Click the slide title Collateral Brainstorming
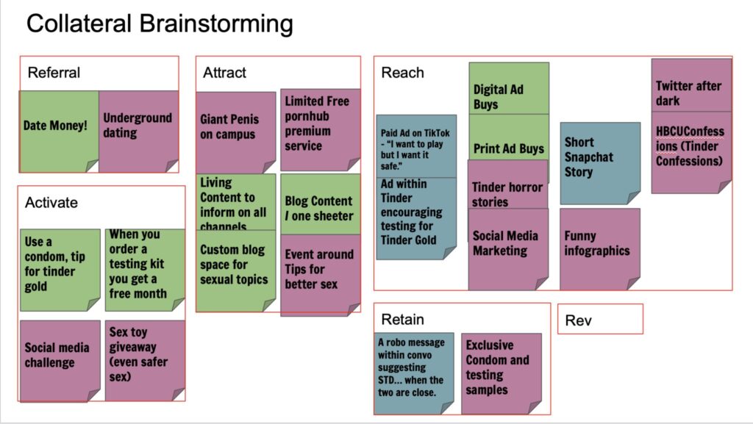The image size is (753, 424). click(x=160, y=24)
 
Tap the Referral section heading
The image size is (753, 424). click(x=54, y=73)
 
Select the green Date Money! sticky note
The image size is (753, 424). click(x=57, y=126)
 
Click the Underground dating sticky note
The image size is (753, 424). click(x=138, y=126)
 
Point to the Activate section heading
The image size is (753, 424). click(x=51, y=202)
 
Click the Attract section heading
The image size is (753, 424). click(x=224, y=73)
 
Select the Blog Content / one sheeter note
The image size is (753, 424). click(x=320, y=208)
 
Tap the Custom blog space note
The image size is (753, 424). click(x=235, y=265)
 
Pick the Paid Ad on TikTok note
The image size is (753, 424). click(x=415, y=147)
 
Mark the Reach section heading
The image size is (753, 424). click(x=402, y=72)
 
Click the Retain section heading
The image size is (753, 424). click(x=402, y=319)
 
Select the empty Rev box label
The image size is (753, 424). click(x=579, y=320)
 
